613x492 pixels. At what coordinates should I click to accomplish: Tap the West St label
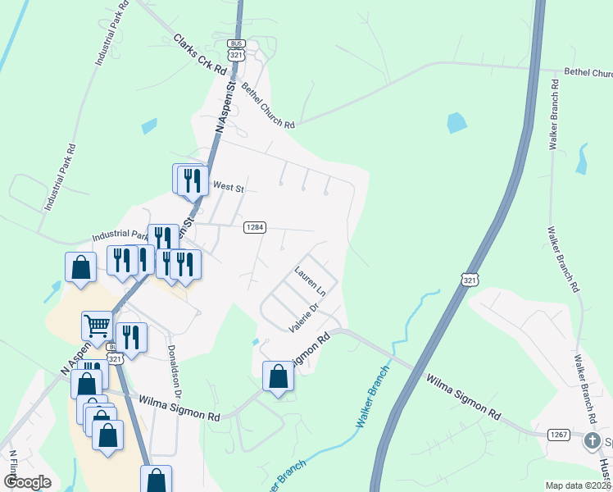(229, 188)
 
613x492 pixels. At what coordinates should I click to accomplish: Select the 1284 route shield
(254, 227)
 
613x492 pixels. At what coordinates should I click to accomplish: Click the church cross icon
(592, 442)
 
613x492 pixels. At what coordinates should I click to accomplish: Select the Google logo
(27, 481)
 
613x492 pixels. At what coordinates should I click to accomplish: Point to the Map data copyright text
(579, 485)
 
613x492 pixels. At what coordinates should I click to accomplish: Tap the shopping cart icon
(97, 326)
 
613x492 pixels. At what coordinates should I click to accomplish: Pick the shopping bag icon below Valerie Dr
(278, 376)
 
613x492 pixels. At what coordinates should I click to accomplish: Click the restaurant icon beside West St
(191, 180)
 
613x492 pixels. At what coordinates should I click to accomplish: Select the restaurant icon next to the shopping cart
(130, 336)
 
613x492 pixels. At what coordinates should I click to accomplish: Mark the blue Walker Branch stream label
(370, 395)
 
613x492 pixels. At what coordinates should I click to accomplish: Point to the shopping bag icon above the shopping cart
(80, 266)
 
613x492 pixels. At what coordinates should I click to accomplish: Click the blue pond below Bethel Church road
(455, 123)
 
